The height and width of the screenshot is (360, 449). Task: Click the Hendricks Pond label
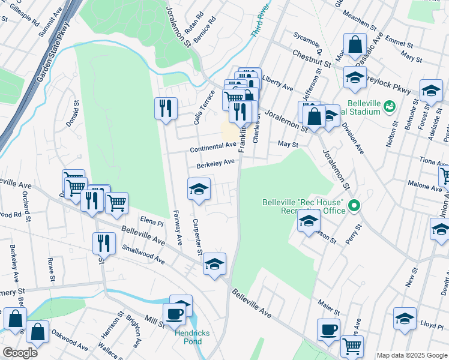(188, 337)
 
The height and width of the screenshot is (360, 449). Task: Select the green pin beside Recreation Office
(354, 206)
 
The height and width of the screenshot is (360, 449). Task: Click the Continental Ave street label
(213, 147)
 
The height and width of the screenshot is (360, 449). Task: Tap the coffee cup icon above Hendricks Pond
(175, 313)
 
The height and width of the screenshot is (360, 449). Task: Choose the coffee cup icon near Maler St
(328, 329)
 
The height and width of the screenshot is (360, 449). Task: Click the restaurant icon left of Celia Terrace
(166, 108)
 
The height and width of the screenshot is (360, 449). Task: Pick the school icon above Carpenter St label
(199, 189)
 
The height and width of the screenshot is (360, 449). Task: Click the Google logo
(20, 353)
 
